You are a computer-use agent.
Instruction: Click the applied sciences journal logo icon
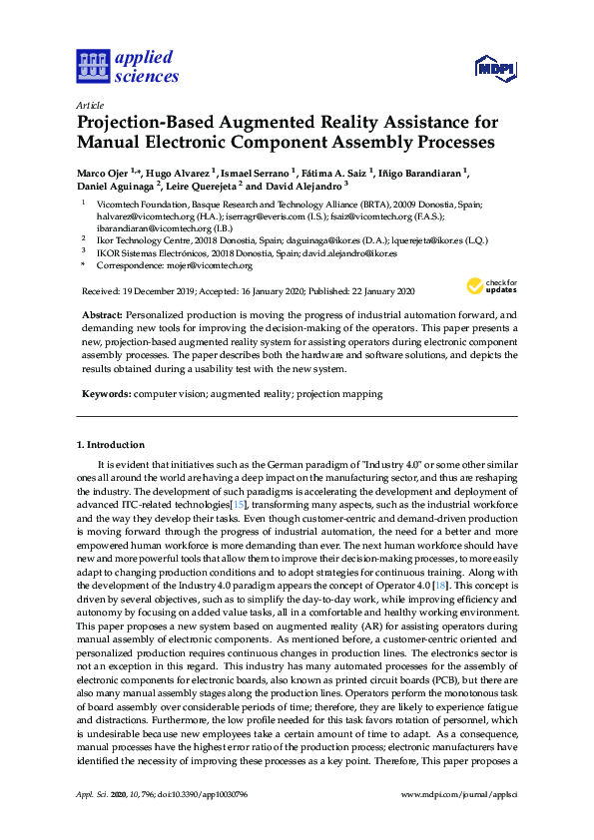(x=93, y=67)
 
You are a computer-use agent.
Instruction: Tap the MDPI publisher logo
(x=495, y=68)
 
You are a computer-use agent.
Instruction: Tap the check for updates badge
(x=490, y=286)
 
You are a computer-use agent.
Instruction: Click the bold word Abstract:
(x=101, y=314)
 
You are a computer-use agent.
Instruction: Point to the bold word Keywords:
(x=104, y=394)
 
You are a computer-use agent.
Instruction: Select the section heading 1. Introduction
(x=110, y=444)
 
